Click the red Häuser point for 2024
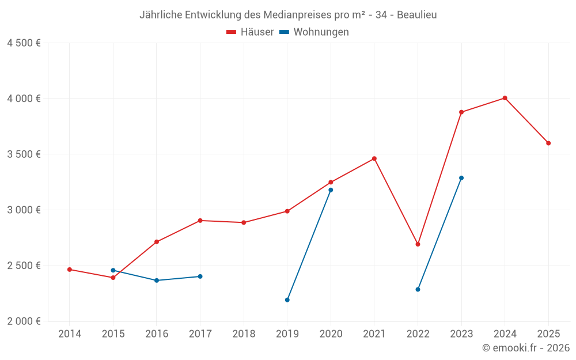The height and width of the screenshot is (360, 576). (505, 98)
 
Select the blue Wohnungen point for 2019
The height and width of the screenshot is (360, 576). (287, 300)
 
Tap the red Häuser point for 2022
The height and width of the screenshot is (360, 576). (418, 244)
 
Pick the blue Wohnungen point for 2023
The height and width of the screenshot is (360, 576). (461, 178)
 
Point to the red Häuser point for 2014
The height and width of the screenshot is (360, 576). (70, 270)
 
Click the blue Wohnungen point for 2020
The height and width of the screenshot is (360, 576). (331, 190)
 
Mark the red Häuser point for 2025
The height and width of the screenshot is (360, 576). (548, 143)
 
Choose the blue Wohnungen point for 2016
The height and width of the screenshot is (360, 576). (157, 281)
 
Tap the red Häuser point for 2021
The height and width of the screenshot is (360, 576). (374, 158)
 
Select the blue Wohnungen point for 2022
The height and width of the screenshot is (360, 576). (418, 289)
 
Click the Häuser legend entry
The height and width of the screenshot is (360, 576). (250, 32)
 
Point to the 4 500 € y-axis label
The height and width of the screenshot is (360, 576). (24, 43)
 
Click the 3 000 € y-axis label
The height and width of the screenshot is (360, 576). (24, 210)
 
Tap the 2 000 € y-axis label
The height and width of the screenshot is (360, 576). (24, 321)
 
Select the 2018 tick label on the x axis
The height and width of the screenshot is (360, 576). (244, 334)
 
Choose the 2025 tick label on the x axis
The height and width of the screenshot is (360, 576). (548, 334)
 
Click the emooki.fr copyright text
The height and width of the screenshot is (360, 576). (526, 348)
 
